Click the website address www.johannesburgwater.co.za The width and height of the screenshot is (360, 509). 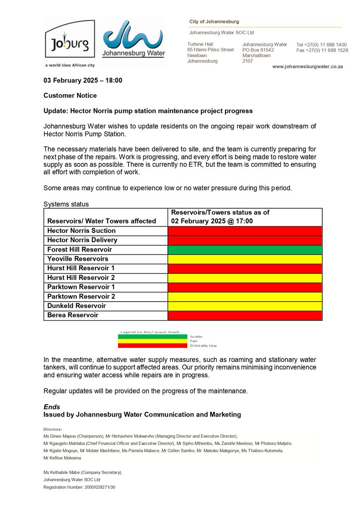pos(307,67)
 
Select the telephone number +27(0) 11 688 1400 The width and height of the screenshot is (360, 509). pos(322,45)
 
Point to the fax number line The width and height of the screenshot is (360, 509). pos(322,50)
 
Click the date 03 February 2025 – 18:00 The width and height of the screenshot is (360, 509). pos(83,80)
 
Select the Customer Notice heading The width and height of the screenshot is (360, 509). pos(70,95)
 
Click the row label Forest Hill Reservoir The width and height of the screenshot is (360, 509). pos(79,249)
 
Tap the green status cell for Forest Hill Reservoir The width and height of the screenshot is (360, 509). pos(245,249)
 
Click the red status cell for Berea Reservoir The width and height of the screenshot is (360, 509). pos(245,315)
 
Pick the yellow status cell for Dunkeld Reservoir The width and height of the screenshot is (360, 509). pos(245,306)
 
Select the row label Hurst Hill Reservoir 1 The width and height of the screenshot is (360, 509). pos(81,268)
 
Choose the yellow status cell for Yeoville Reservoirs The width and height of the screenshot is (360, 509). pos(245,259)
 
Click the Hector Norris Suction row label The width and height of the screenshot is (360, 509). pos(81,231)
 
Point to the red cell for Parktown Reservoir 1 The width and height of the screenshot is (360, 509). pos(245,287)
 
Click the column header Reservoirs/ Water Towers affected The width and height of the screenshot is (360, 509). pos(101,221)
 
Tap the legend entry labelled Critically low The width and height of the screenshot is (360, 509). pos(203,346)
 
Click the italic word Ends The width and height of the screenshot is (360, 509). pos(52,407)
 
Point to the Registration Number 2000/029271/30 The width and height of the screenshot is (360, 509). pos(79,487)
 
